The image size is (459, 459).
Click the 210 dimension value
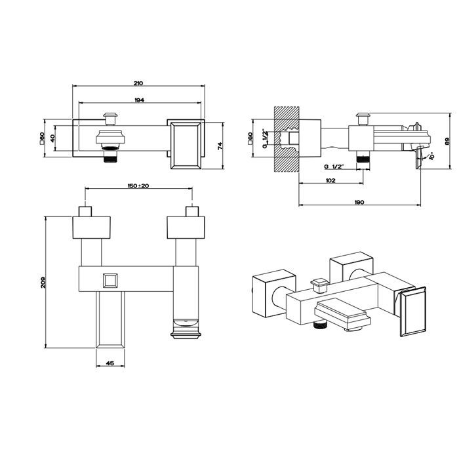tap(138, 83)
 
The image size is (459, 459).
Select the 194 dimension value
tap(140, 100)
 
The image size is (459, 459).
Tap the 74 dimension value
tap(220, 146)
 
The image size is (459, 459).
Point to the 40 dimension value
tap(52, 138)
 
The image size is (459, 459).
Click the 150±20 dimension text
tap(138, 186)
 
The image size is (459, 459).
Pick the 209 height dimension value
tap(43, 283)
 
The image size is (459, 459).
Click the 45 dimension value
tap(110, 363)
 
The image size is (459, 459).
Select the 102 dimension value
tap(330, 180)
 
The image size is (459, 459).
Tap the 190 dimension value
tap(359, 202)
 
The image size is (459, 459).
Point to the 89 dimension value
tap(447, 142)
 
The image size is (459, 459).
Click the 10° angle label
tap(431, 155)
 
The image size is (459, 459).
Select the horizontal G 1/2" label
tap(334, 167)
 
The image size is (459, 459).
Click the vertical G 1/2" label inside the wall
tap(265, 138)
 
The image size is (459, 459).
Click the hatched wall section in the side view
tap(287, 139)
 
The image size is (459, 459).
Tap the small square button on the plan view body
tap(110, 281)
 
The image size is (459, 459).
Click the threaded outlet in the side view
tap(363, 159)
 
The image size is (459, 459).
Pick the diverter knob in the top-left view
tap(110, 118)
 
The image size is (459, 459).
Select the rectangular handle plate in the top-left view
tap(186, 146)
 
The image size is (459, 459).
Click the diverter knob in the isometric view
tap(320, 286)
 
